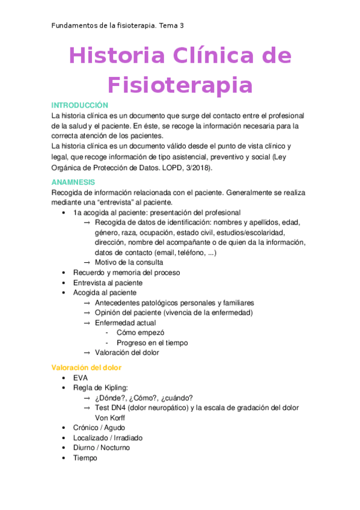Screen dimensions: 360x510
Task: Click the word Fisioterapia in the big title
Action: point(180,84)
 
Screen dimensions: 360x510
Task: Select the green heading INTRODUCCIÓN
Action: point(80,105)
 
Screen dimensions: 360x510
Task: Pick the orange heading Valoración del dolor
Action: point(86,367)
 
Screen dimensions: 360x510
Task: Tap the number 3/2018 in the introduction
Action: point(193,168)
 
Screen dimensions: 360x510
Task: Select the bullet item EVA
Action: point(81,378)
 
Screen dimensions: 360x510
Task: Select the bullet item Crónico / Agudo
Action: point(99,428)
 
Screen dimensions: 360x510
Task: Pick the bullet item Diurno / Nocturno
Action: point(101,447)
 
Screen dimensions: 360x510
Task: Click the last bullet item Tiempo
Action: point(85,458)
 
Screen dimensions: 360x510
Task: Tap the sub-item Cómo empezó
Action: point(141,333)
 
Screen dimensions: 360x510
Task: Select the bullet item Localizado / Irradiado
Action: point(108,438)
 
